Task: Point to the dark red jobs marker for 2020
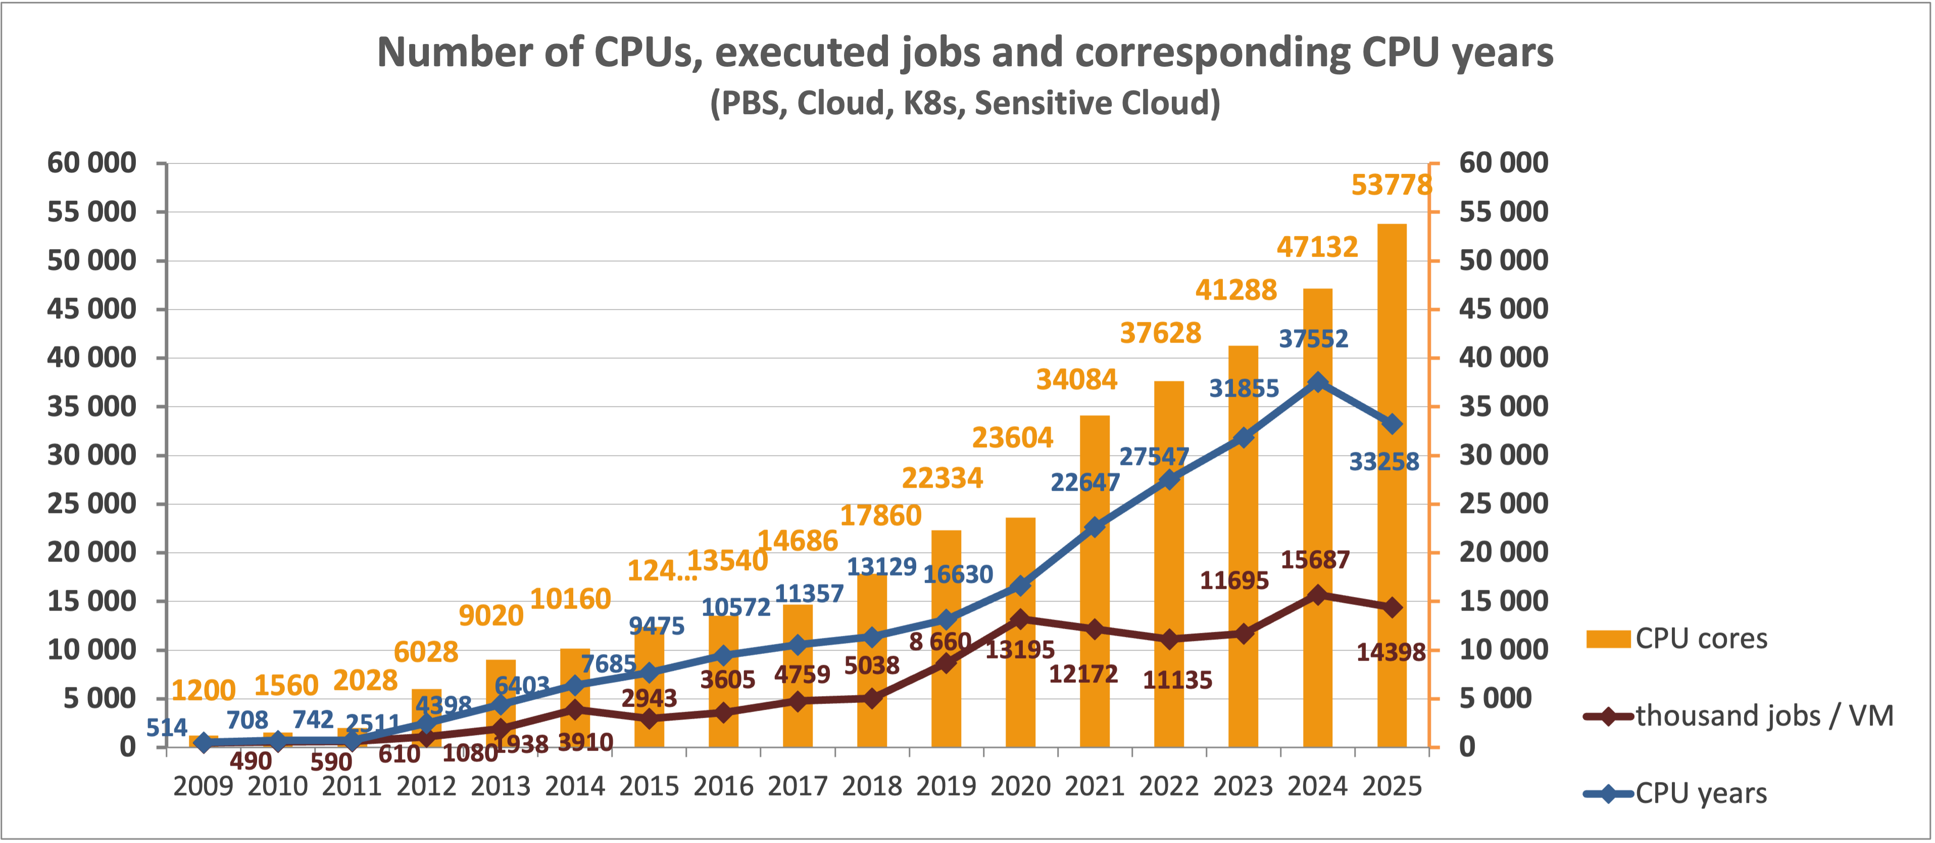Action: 1020,619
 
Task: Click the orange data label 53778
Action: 1391,185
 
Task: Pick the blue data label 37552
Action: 1314,339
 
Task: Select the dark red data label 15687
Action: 1315,560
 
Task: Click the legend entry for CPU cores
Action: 1701,639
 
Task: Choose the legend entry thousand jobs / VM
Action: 1764,716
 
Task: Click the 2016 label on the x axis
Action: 723,787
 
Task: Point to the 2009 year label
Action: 203,787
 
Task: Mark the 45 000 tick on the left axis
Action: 91,309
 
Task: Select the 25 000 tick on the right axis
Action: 1503,503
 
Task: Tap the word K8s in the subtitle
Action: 931,103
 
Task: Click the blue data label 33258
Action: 1383,461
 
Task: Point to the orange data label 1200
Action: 203,690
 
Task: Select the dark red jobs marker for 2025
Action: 1392,607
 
